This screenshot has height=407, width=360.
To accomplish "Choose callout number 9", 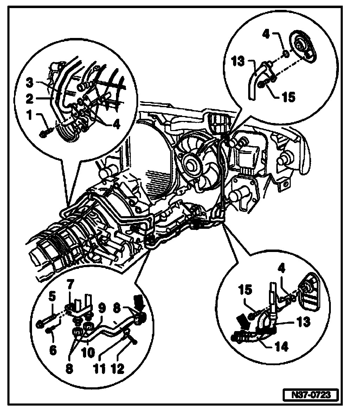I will [102, 309].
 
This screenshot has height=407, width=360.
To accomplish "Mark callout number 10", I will [88, 352].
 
